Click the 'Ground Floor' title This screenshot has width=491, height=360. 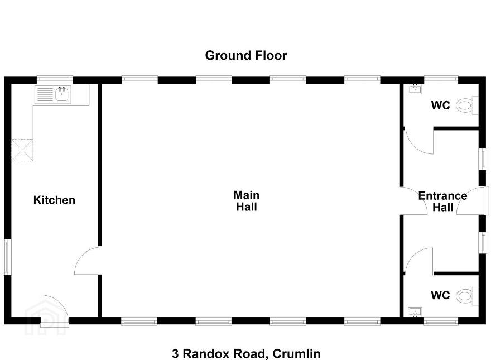coord(246,55)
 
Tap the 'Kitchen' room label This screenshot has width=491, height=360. coord(54,200)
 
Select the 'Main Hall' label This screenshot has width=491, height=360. coord(247,201)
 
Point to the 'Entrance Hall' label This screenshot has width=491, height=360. coord(442,201)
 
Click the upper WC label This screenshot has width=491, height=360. coord(440,105)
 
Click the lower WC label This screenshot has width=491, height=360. coord(440,295)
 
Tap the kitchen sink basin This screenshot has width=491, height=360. coord(62,94)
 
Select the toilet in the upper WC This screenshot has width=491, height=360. coord(467,105)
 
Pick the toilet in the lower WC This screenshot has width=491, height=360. coord(467,296)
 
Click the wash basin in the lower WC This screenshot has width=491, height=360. coord(415,312)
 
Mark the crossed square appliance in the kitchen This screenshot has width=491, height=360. coord(22,150)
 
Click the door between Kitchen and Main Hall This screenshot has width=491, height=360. coord(88,261)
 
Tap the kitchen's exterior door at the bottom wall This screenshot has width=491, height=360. coord(55,310)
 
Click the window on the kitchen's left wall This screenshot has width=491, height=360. coord(7,257)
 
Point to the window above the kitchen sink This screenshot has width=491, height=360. coord(55,80)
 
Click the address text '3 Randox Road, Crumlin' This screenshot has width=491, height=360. coord(246,354)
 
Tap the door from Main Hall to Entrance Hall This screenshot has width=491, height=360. coord(414,201)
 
